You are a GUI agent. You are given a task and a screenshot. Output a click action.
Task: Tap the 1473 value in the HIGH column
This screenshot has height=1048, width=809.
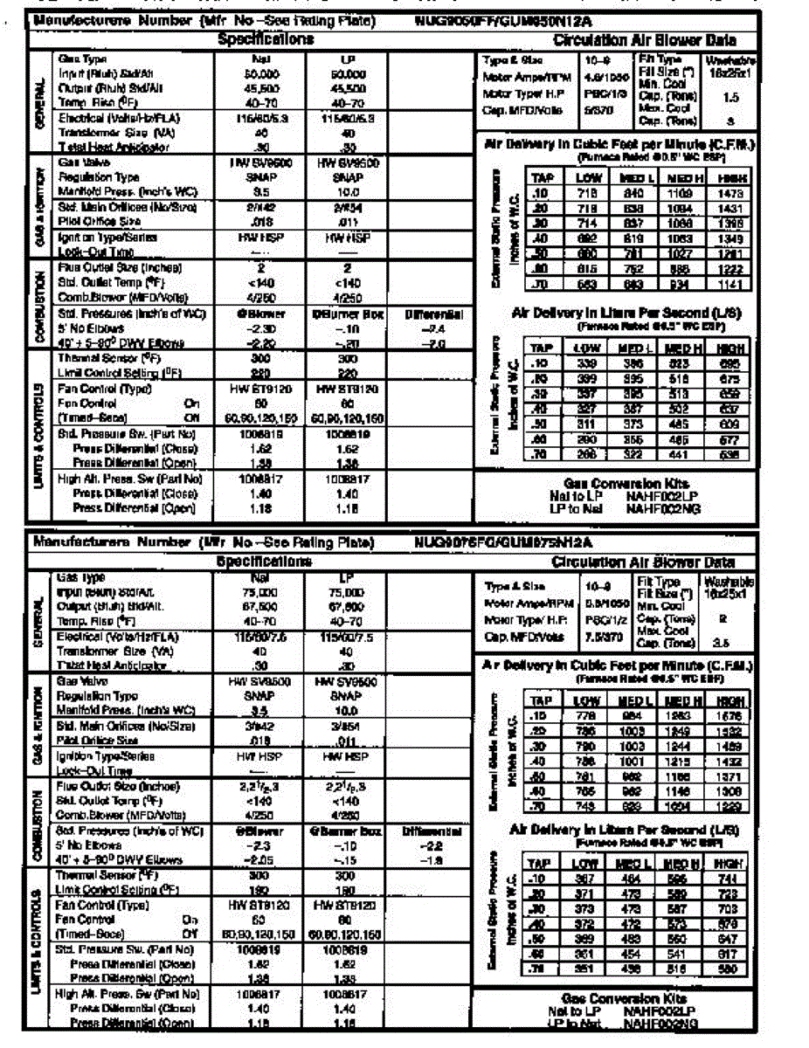pyautogui.click(x=731, y=193)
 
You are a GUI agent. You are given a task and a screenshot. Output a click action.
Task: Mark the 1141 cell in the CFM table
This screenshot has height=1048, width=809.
pyautogui.click(x=731, y=285)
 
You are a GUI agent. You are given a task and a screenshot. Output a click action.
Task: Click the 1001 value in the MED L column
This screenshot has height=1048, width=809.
pyautogui.click(x=633, y=762)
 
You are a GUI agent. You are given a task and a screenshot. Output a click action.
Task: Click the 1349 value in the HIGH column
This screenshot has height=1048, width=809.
pyautogui.click(x=731, y=238)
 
